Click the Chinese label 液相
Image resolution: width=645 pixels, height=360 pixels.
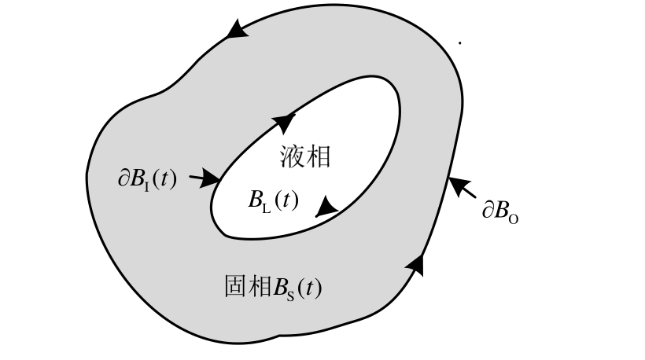pyautogui.click(x=304, y=157)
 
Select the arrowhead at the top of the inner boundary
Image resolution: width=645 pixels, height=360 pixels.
pyautogui.click(x=284, y=121)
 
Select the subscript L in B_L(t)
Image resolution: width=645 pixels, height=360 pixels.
pyautogui.click(x=266, y=207)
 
